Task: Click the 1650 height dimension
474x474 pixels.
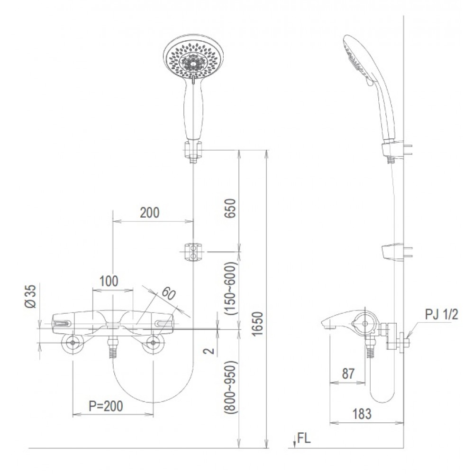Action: coord(258,324)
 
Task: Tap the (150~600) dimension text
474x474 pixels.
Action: coord(231,288)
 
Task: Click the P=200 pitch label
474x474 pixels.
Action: coord(106,406)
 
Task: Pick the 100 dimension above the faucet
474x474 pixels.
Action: coord(109,281)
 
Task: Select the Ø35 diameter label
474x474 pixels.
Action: coord(31,296)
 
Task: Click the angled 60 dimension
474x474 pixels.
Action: coord(168,293)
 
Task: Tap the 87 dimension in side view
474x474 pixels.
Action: coord(348,374)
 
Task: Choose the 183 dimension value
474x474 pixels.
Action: coord(362,414)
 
